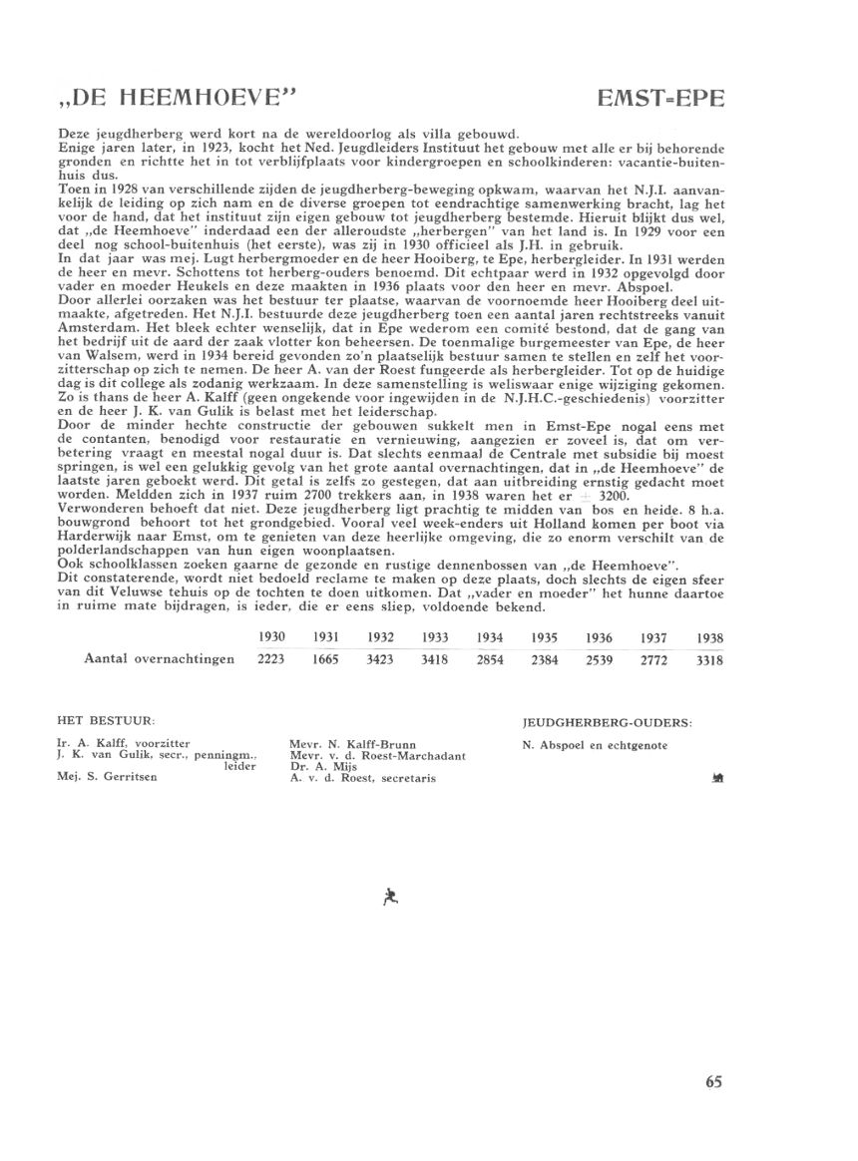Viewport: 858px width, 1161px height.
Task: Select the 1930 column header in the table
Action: pos(272,636)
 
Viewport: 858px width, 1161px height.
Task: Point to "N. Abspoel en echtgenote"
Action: pos(596,745)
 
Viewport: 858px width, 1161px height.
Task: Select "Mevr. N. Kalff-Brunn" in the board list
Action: pos(347,744)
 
